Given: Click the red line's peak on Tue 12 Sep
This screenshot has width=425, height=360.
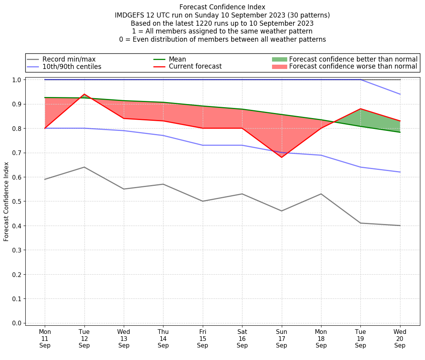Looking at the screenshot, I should click(84, 94).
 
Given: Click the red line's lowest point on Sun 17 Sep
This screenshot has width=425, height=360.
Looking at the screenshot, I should click(281, 157).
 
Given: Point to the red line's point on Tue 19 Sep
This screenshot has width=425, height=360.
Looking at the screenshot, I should click(360, 109).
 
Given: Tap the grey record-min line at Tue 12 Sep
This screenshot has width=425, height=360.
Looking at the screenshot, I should click(84, 167).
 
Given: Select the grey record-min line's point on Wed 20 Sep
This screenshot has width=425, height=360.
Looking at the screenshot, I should click(400, 226).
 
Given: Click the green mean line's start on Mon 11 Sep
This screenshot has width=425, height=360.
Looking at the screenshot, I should click(45, 97).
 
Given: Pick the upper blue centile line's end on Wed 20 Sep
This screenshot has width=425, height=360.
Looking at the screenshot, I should click(400, 94).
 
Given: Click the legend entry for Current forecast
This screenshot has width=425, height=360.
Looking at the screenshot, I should click(195, 67).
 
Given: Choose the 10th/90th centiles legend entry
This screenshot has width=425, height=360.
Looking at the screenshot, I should click(72, 67).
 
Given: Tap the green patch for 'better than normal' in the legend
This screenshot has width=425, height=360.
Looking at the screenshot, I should click(279, 59).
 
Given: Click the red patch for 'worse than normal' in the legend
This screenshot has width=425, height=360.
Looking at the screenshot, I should click(279, 67).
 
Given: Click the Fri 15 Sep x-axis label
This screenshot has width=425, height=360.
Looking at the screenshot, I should click(202, 339).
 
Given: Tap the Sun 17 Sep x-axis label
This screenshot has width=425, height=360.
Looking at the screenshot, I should click(281, 339).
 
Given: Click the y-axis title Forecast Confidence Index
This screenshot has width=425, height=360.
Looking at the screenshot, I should click(7, 201).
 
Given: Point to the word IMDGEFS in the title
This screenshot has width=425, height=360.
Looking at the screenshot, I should click(130, 15).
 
